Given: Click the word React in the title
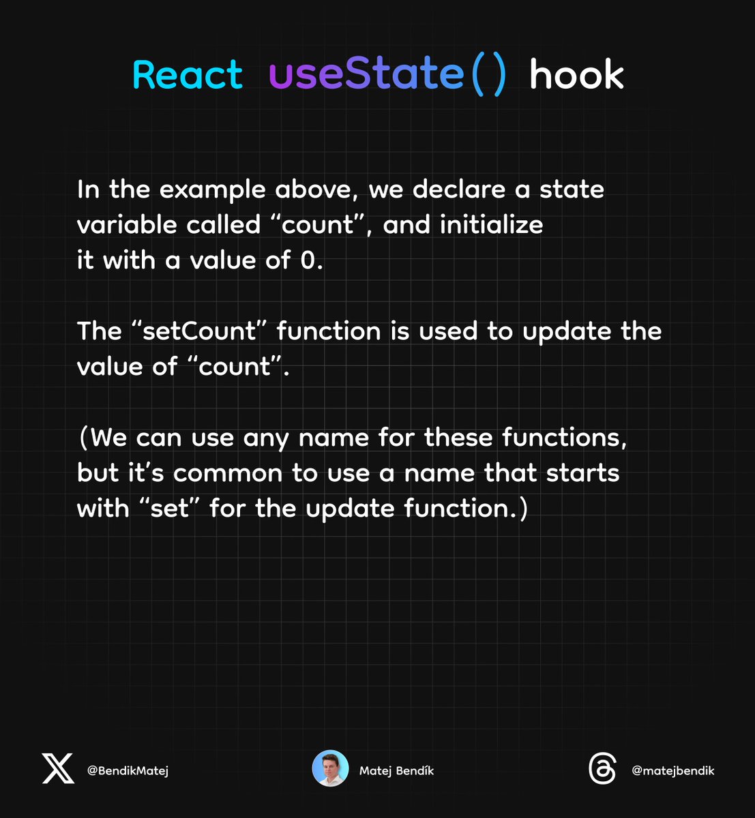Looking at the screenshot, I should click(188, 74).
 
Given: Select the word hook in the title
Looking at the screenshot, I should click(576, 74).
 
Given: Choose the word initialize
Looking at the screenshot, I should click(492, 225).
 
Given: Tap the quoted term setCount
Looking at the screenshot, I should click(198, 331).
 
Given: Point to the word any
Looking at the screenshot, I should click(267, 438).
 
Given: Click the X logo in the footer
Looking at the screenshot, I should click(58, 769).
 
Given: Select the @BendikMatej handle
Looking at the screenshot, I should click(128, 770).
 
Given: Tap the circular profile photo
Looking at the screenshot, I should click(330, 769).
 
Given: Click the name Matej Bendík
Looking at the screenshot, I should click(396, 770).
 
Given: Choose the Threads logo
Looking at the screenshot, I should click(602, 769).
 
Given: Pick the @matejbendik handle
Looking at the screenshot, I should click(672, 770).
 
